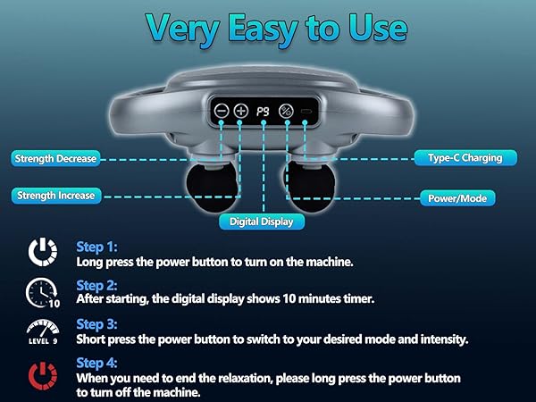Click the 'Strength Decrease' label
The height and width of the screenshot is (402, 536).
click(x=55, y=159)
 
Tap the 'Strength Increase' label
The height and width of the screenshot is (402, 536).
click(x=55, y=195)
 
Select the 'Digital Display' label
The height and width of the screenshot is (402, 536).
click(x=262, y=221)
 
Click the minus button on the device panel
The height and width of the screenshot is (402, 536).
click(x=221, y=112)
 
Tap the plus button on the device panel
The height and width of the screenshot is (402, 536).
click(x=241, y=112)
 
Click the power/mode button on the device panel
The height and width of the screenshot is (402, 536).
click(x=286, y=112)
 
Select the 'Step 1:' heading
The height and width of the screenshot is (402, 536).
click(x=97, y=246)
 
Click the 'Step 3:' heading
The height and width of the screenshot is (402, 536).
click(x=97, y=324)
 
